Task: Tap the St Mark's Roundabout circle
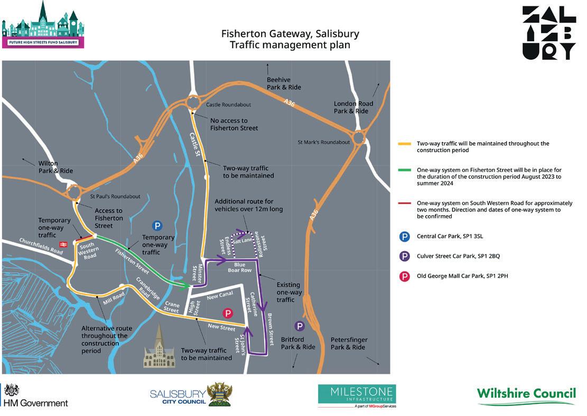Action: (x=359, y=138)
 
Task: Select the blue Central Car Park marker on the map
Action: (x=157, y=226)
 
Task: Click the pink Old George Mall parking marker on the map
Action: (x=228, y=313)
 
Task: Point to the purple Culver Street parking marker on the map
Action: (x=300, y=326)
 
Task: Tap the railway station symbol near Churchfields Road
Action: (x=63, y=244)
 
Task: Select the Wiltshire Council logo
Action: (x=526, y=396)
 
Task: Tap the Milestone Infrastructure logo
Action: (x=357, y=396)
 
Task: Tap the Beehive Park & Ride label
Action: (x=284, y=83)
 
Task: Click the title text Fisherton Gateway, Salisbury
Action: (x=290, y=34)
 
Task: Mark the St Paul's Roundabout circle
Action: (x=73, y=191)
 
